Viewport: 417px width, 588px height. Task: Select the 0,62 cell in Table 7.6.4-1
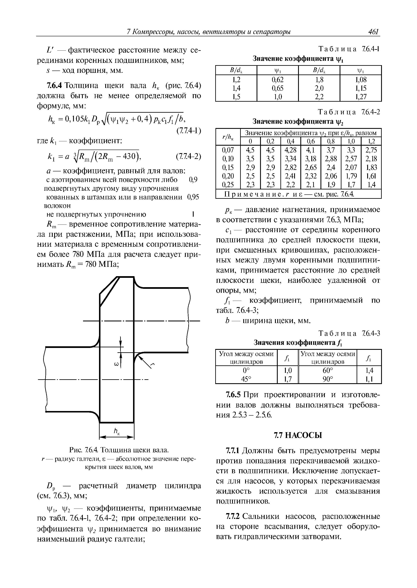click(x=277, y=79)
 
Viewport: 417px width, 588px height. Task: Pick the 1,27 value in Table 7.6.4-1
click(x=361, y=97)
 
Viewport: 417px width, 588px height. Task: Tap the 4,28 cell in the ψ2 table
click(x=290, y=150)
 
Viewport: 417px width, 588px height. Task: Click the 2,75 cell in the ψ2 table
click(x=371, y=150)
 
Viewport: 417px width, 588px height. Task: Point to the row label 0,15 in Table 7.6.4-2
click(x=228, y=167)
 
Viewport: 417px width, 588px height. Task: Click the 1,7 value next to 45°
click(x=288, y=379)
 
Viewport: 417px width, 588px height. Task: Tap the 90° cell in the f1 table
click(x=328, y=379)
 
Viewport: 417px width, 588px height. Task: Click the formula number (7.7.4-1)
click(x=188, y=131)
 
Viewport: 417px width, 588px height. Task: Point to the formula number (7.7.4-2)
click(x=188, y=157)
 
